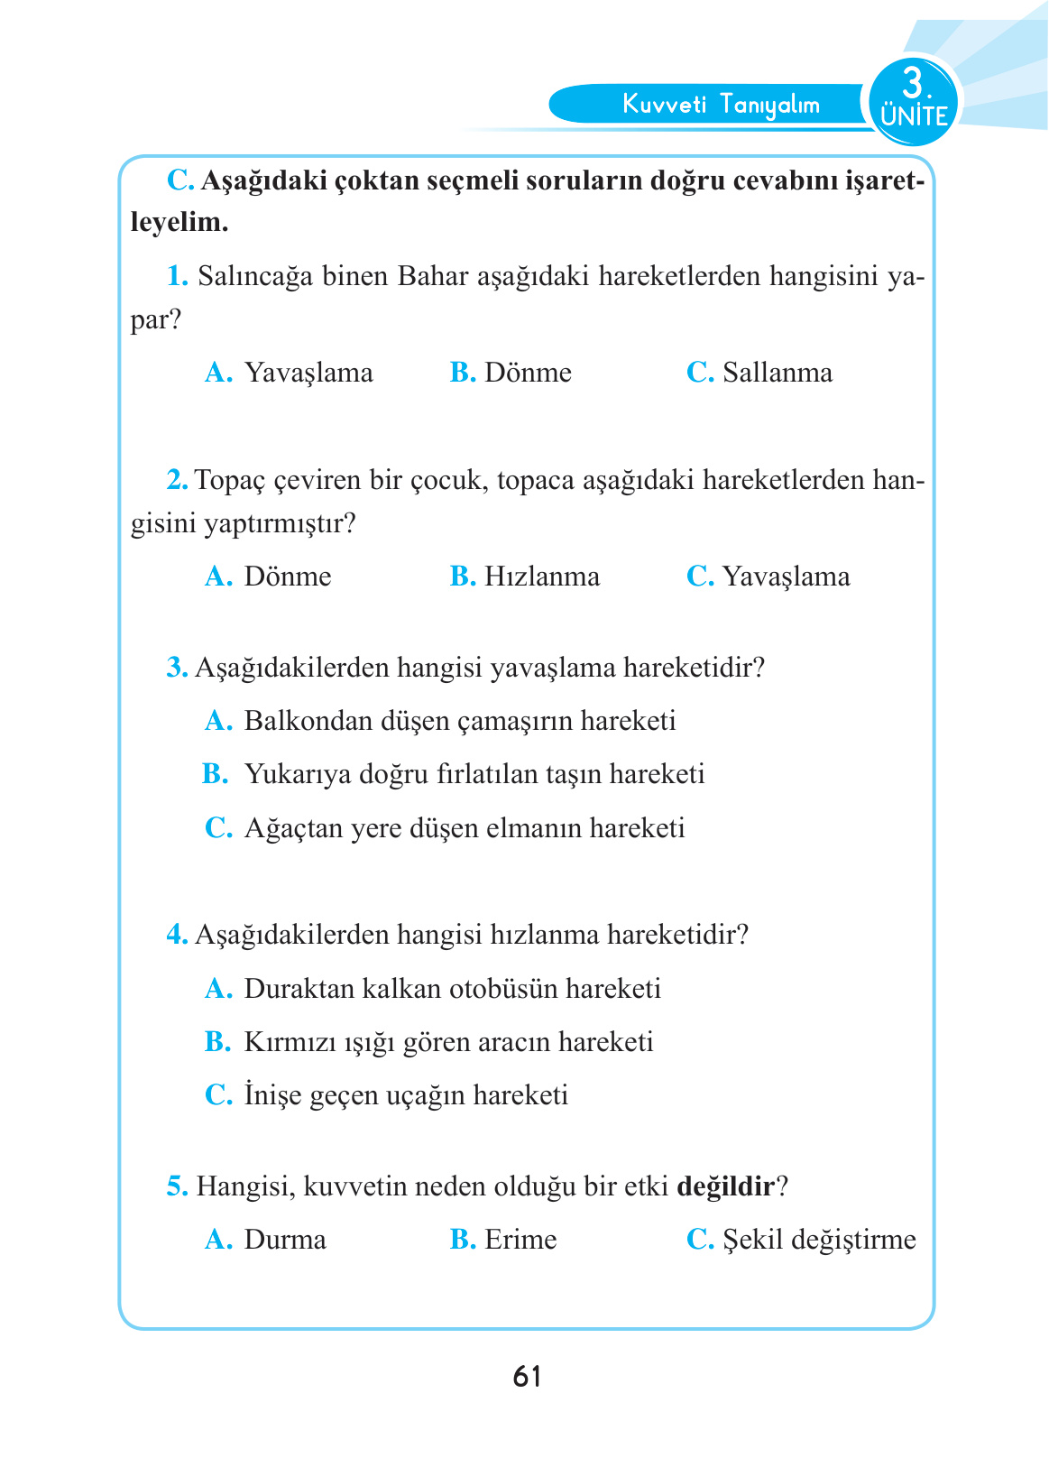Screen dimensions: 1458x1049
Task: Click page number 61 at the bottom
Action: coord(527,1376)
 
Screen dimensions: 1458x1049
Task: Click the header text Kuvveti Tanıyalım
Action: coord(720,105)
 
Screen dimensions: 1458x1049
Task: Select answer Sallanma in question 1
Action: coord(777,373)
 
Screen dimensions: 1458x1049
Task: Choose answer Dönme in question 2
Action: coord(287,577)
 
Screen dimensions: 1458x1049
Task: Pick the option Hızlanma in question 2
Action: coord(541,577)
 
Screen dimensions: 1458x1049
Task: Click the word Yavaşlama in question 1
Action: coord(308,373)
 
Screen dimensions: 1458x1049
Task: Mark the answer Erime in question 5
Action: coord(520,1240)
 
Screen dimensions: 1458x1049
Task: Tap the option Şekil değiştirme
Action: coord(818,1240)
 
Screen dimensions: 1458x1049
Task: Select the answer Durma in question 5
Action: coord(285,1240)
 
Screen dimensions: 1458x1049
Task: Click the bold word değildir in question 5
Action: coord(724,1186)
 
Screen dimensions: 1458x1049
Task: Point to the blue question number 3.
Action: coord(177,669)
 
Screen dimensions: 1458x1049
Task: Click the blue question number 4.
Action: coord(177,935)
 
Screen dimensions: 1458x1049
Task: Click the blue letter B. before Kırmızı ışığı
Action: coord(216,1042)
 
